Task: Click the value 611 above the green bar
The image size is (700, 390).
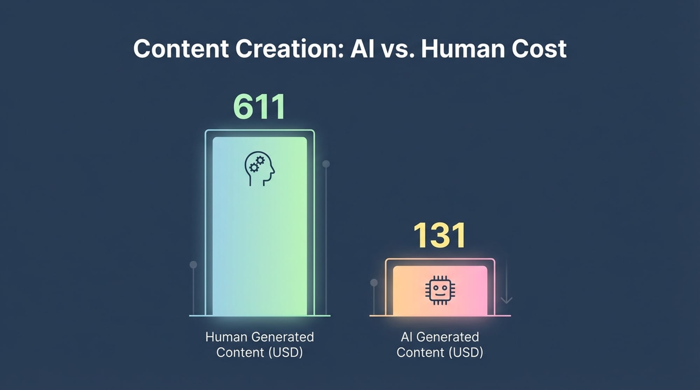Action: tap(259, 107)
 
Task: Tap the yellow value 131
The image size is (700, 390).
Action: tap(440, 236)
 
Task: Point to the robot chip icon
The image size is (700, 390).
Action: tap(440, 290)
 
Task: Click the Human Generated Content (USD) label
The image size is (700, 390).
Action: tap(259, 345)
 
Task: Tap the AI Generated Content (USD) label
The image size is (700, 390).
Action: tap(440, 345)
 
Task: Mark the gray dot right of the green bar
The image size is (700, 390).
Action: tap(326, 164)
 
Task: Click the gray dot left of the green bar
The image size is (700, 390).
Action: tap(193, 265)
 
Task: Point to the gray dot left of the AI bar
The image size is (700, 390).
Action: tap(374, 282)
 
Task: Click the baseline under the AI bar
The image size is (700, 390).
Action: tap(440, 316)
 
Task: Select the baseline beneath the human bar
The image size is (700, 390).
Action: tap(259, 316)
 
